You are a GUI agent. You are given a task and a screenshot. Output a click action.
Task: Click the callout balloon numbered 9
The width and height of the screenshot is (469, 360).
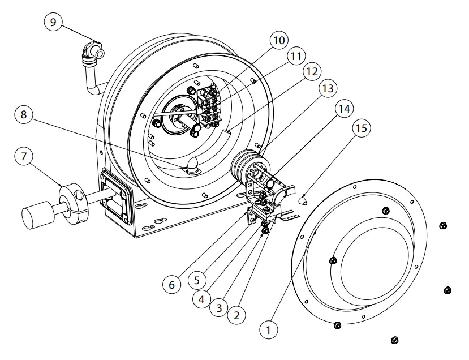[x=53, y=23]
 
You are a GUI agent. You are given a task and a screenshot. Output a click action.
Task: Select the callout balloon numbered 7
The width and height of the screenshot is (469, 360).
[x=24, y=157]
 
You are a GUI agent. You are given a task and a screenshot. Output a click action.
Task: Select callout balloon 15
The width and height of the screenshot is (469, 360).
[x=362, y=128]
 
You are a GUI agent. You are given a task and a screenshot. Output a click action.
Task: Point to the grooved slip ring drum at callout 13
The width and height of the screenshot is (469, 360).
[x=244, y=163]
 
